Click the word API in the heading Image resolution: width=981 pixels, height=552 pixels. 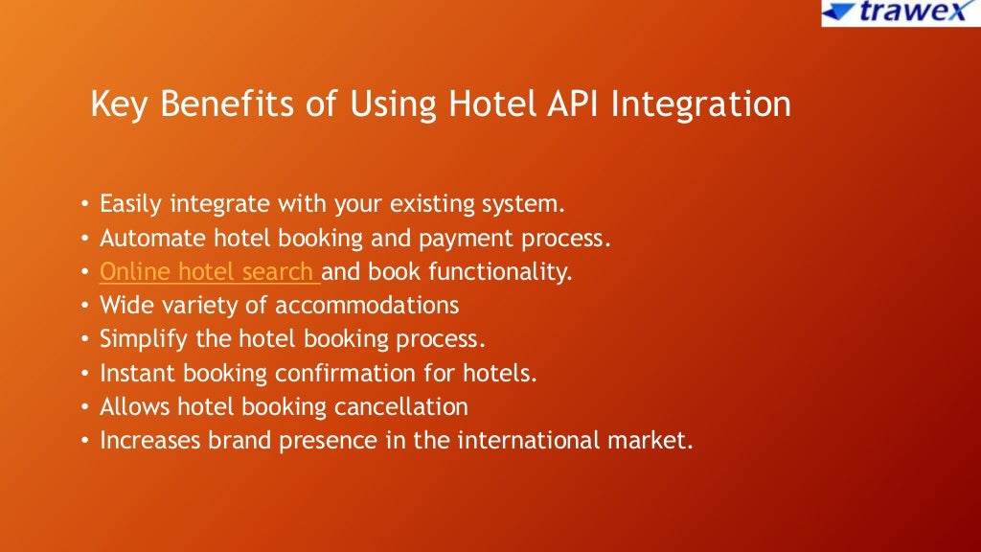click(x=571, y=104)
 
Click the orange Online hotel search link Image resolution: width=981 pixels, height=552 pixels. click(x=210, y=272)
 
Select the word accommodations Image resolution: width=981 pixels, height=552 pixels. click(x=367, y=306)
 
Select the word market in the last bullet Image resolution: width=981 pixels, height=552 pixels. click(x=655, y=441)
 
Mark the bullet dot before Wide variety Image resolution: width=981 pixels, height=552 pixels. click(x=84, y=307)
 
